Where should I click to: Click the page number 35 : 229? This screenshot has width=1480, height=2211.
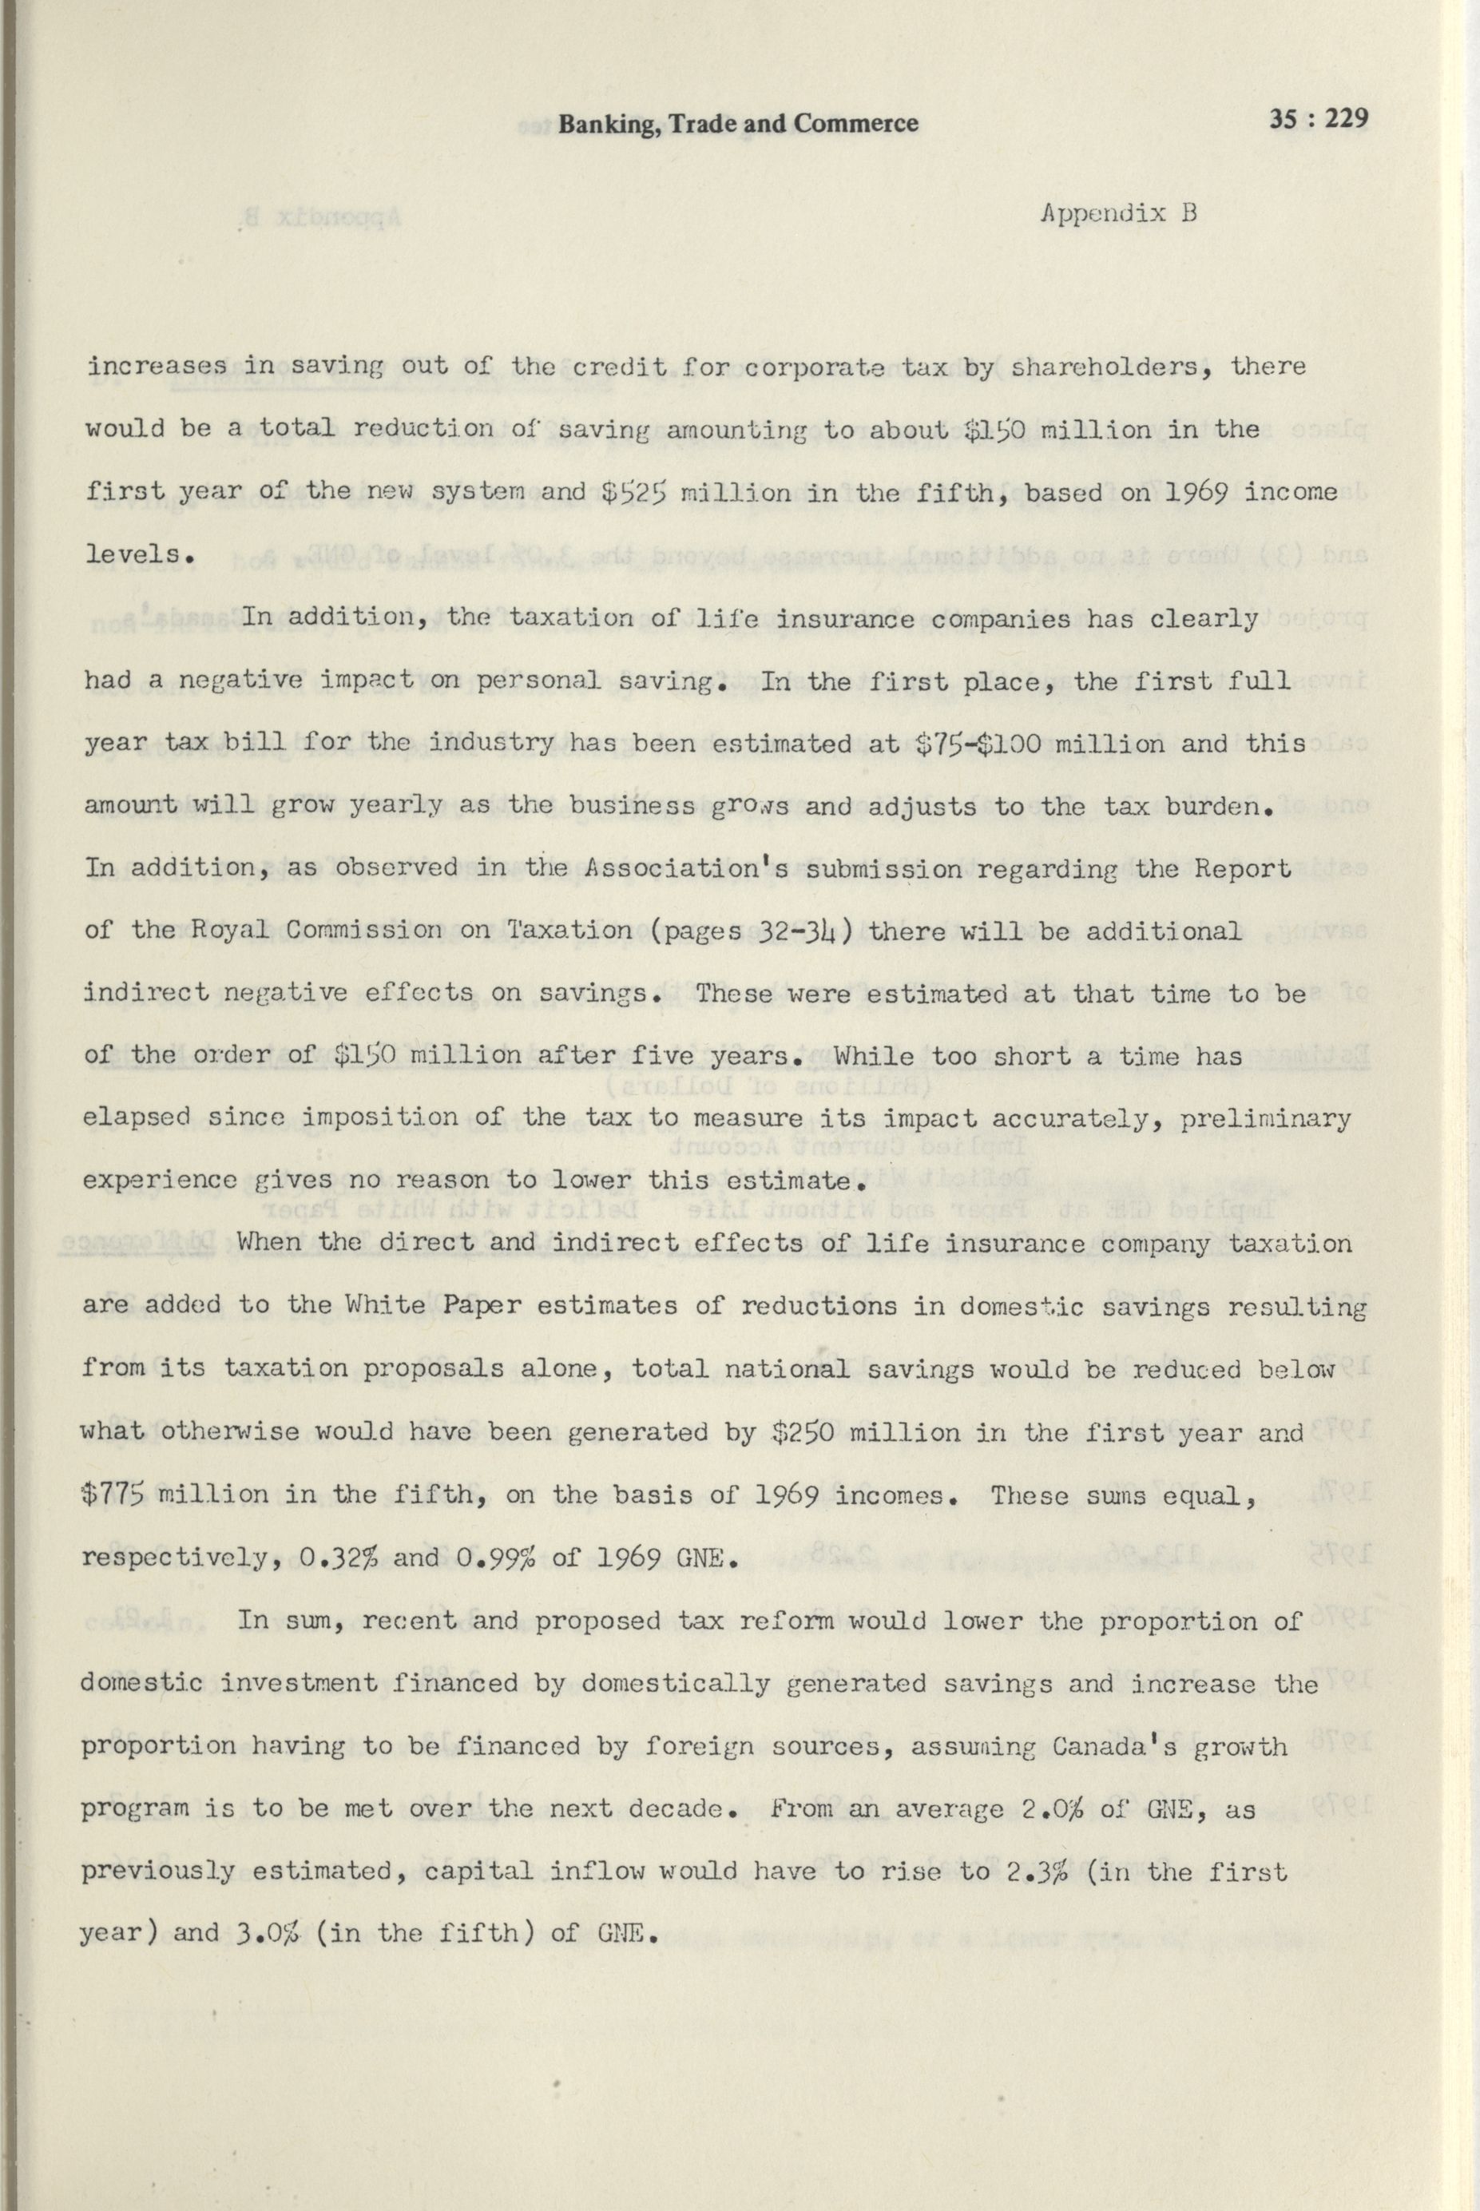coord(1318,120)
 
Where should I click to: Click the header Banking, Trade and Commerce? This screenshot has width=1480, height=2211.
coord(738,124)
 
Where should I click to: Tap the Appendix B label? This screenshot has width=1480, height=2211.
coord(1118,213)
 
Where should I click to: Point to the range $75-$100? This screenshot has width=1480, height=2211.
coord(978,743)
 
